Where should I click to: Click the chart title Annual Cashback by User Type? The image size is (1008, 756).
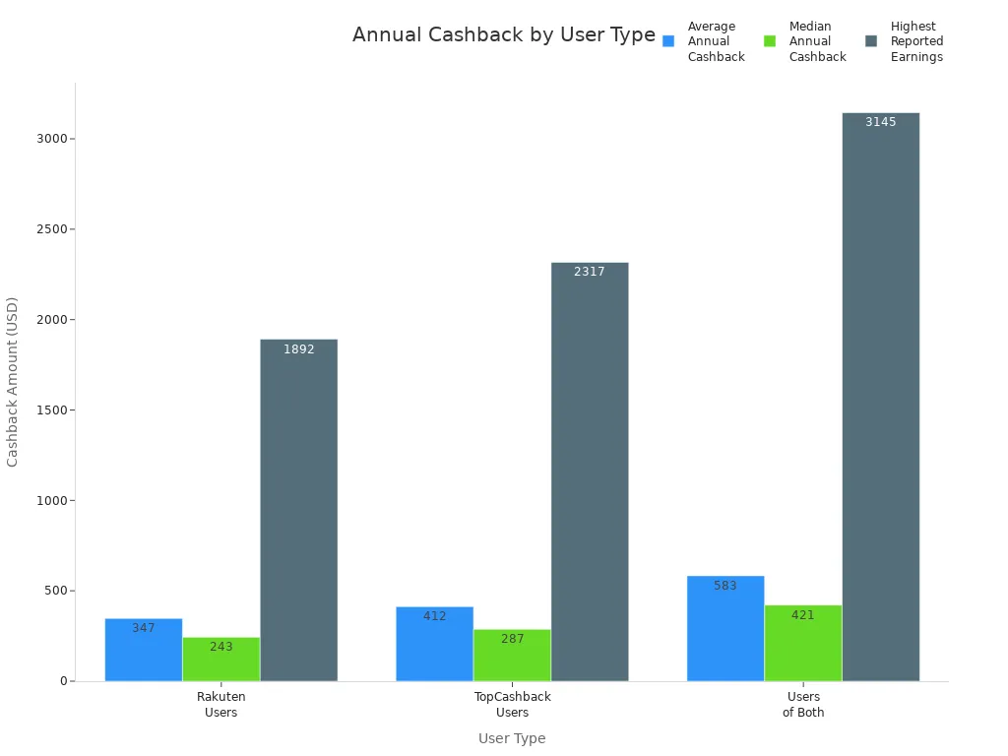point(503,35)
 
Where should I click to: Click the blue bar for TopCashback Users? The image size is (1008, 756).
point(434,644)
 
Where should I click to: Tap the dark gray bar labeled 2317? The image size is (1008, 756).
point(590,472)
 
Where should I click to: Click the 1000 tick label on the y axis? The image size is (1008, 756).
point(51,500)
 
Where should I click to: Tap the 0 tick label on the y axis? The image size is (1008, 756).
point(63,681)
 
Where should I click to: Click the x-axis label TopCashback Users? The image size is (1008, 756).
point(512,705)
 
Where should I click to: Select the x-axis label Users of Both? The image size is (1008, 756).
point(803,705)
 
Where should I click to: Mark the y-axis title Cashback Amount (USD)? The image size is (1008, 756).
point(13,382)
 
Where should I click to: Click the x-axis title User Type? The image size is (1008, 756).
point(512,738)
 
